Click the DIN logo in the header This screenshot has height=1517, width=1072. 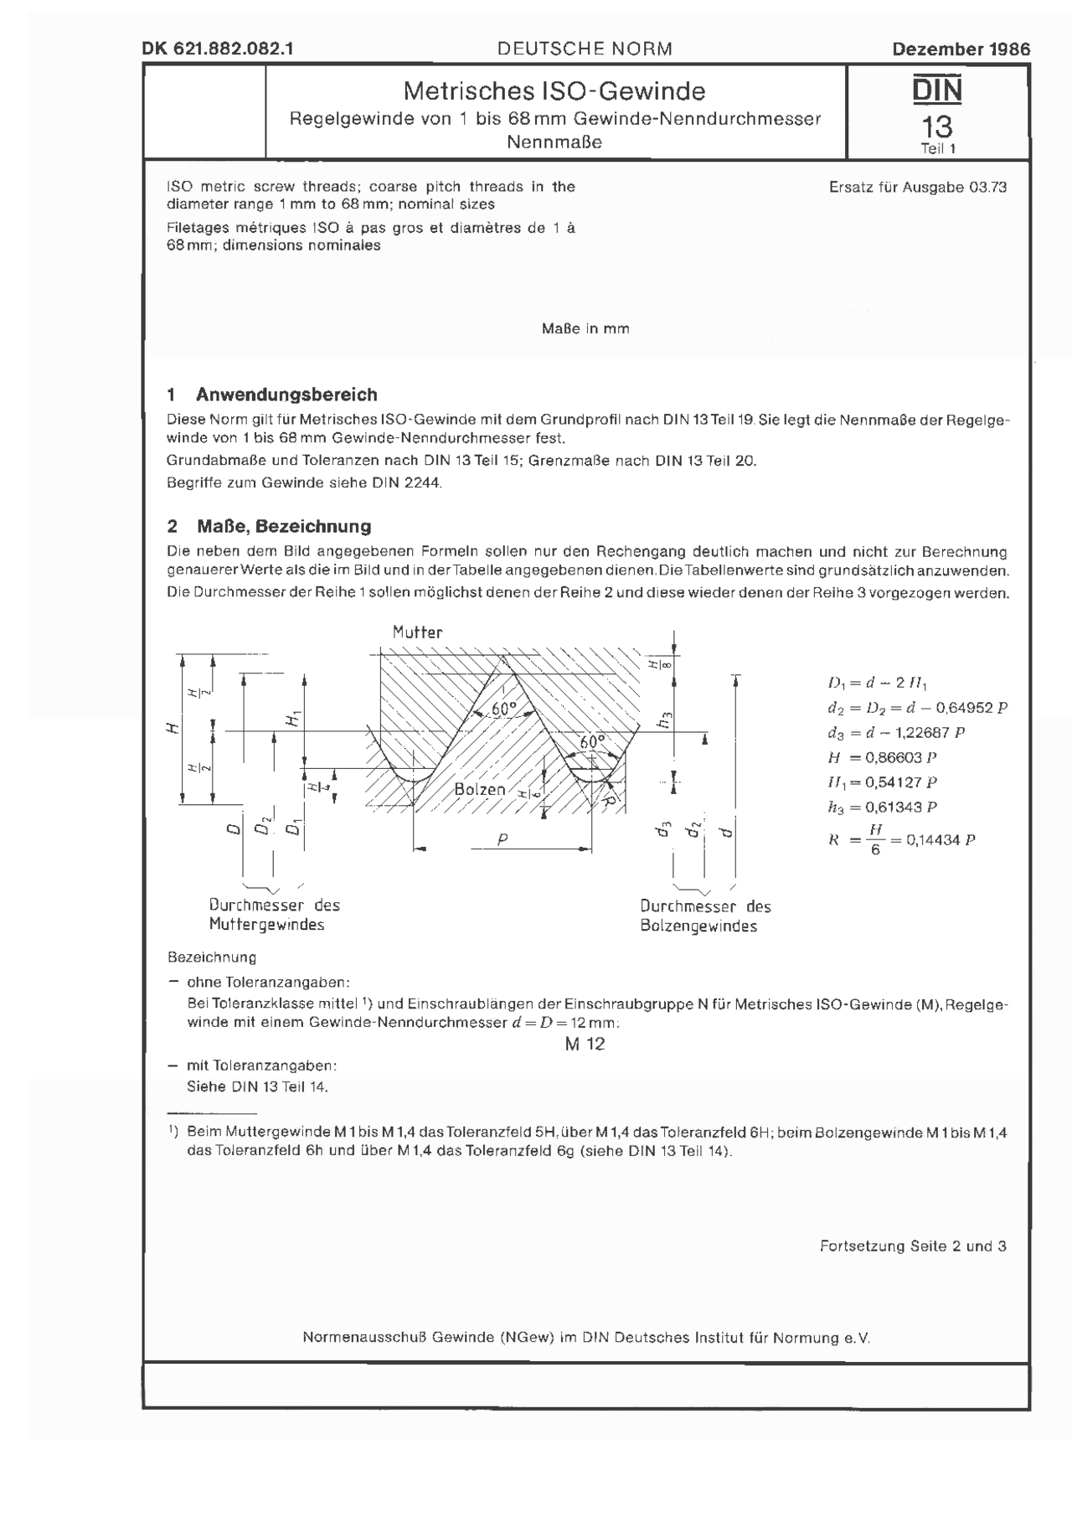(x=937, y=90)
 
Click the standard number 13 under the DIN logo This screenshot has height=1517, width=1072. (x=937, y=126)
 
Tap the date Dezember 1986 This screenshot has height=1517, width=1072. (x=961, y=49)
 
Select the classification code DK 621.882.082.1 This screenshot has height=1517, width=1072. (x=218, y=49)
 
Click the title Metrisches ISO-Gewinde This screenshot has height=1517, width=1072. (x=554, y=90)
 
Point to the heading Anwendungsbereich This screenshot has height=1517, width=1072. (x=286, y=395)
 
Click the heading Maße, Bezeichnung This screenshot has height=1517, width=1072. (x=284, y=526)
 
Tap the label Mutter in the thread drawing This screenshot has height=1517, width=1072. (x=417, y=632)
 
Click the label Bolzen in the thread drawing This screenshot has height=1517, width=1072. (x=480, y=789)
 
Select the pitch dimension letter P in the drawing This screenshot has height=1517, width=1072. (x=502, y=838)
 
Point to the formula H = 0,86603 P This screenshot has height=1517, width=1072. (x=881, y=757)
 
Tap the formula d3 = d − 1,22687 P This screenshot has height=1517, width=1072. (x=896, y=732)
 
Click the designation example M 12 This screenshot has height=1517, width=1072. (x=585, y=1044)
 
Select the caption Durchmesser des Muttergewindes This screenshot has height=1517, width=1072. (x=275, y=915)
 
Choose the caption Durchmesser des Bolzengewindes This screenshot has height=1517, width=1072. (x=705, y=916)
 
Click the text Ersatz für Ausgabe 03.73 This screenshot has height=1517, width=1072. (x=918, y=188)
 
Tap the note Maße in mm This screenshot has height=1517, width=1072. (x=585, y=329)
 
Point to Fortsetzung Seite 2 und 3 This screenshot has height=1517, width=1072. (x=913, y=1246)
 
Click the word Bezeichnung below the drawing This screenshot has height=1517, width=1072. (x=212, y=957)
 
